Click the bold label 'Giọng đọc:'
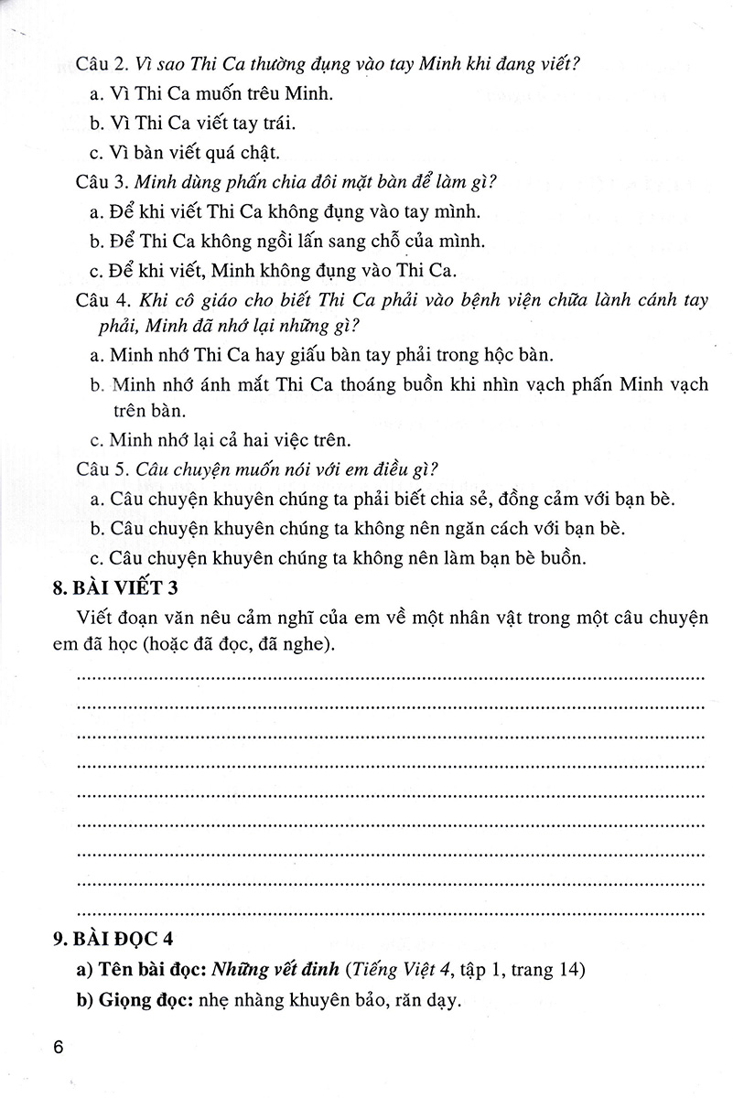click(x=135, y=1000)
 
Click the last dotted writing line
click(x=391, y=910)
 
